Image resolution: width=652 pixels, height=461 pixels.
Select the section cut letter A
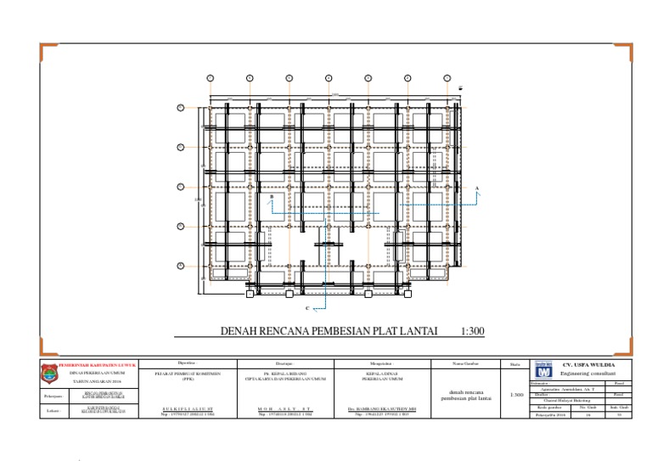(477, 187)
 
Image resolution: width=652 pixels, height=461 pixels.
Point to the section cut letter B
(271, 197)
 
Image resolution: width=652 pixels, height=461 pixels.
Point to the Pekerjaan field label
(52, 396)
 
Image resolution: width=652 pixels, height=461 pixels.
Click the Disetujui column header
(284, 363)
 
